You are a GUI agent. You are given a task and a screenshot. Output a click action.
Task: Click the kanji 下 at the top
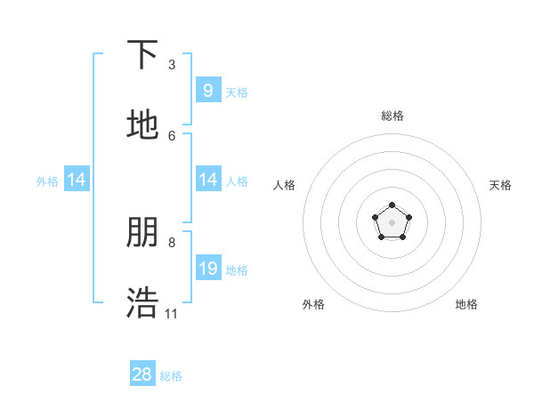pos(142,55)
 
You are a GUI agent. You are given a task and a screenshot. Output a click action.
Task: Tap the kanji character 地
pos(142,125)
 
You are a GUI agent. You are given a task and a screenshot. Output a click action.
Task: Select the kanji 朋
pos(142,233)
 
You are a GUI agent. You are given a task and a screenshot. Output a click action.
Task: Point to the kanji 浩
pos(142,303)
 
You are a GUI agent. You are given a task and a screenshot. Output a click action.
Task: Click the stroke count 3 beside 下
pos(172,64)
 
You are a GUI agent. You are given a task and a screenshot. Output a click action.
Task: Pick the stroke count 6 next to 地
pos(172,135)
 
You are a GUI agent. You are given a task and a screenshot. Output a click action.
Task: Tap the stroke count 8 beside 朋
pos(172,242)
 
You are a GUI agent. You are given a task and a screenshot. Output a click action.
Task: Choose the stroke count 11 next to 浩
pos(172,313)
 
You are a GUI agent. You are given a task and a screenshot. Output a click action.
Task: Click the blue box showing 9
pos(207,90)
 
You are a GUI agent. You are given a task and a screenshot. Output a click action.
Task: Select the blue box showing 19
pos(207,268)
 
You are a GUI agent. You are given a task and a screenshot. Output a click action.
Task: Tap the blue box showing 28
pos(142,374)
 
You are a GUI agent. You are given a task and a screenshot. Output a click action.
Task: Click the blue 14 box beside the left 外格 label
pos(77,180)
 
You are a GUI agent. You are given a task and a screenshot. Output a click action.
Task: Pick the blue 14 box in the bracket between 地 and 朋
pos(207,180)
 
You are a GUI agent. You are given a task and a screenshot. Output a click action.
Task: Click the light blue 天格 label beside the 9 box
pos(237,92)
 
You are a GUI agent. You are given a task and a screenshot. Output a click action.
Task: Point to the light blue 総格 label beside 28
pos(171,376)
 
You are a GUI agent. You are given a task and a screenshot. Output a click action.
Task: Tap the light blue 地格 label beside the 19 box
pos(237,269)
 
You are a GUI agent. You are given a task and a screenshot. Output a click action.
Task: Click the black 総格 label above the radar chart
pos(392,116)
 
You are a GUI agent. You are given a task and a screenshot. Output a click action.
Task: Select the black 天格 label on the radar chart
pos(500,185)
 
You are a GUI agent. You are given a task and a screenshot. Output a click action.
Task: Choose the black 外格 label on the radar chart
pos(313,304)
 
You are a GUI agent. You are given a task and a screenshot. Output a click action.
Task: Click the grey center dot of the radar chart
pos(392,221)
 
